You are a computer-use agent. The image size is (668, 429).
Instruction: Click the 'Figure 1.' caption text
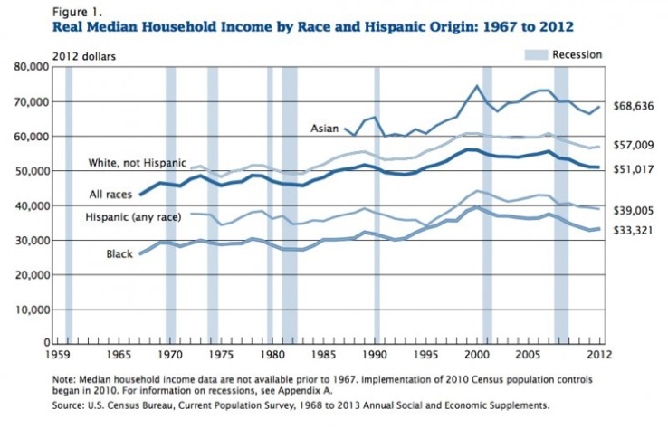coord(52,12)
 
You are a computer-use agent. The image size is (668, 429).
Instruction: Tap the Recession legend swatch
coord(536,55)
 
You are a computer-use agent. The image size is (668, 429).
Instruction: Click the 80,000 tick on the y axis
coord(31,67)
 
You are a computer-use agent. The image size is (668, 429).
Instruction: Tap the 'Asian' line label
coord(325,129)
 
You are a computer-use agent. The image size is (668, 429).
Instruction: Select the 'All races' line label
coord(110,194)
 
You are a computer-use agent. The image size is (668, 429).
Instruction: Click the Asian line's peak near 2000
coord(476,86)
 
